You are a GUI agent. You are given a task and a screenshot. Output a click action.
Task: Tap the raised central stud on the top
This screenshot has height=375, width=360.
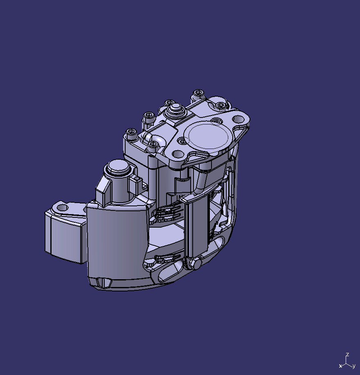click(x=176, y=109)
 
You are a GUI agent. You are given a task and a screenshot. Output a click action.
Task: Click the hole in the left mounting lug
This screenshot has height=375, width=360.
click(x=62, y=208)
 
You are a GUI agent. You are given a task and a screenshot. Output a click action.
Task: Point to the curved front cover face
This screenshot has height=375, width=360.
click(x=117, y=246)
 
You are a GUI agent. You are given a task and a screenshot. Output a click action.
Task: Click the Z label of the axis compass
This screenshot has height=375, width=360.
click(x=347, y=355)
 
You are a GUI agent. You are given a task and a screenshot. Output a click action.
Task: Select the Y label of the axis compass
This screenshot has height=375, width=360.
click(x=353, y=366)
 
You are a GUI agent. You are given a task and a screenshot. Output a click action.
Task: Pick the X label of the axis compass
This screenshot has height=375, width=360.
click(x=340, y=366)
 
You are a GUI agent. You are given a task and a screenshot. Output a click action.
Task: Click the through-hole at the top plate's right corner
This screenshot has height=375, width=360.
click(x=238, y=119)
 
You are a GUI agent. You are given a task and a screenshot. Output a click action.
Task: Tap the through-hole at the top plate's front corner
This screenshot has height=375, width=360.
click(x=178, y=154)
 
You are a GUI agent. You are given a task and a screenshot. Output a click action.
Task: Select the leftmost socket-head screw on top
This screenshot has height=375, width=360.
click(x=131, y=132)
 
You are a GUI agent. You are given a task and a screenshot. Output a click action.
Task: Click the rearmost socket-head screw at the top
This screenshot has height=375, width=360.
click(x=198, y=92)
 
